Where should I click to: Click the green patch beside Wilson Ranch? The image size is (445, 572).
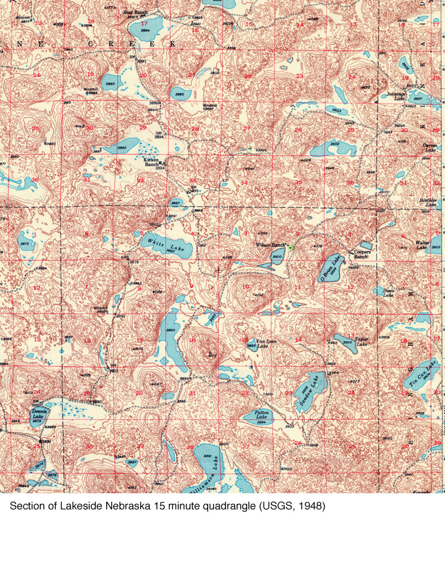click(291, 246)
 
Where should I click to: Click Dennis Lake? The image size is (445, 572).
click(39, 415)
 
